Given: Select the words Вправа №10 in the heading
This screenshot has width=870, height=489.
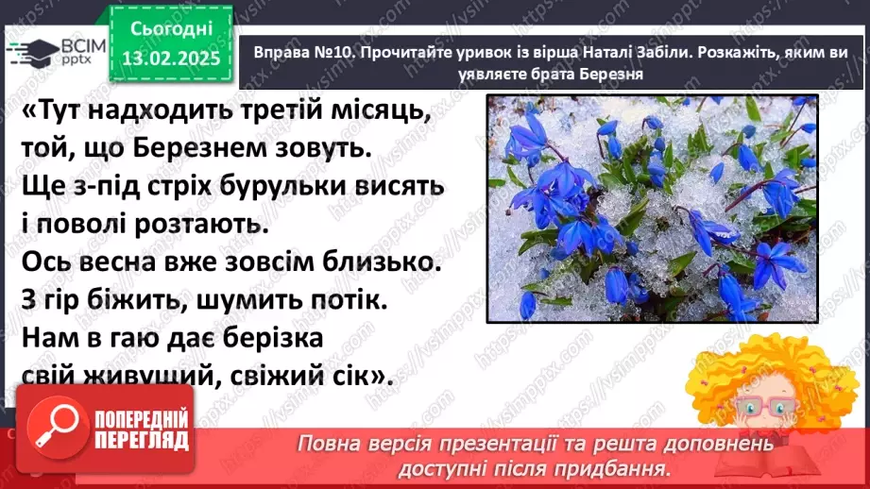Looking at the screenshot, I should (300, 56).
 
